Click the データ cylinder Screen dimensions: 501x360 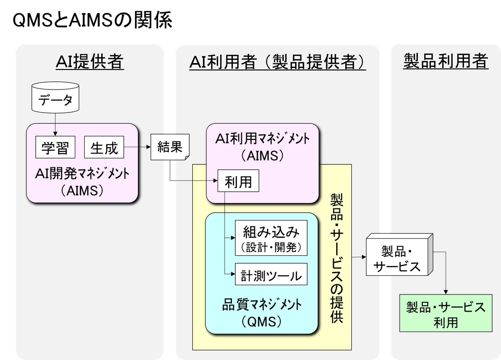pos(55,97)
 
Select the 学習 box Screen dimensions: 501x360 pos(55,147)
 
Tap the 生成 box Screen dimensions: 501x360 pos(104,147)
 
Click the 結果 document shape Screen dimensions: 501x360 pos(170,147)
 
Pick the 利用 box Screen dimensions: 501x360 pos(238,181)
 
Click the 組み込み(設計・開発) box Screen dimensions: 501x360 pos(271,238)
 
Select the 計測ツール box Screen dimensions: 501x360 pos(271,274)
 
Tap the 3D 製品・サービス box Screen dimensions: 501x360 pos(399,254)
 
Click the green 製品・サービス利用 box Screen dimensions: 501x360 pos(446,314)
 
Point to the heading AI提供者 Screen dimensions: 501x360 pos(90,61)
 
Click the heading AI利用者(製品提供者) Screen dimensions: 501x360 pos(277,61)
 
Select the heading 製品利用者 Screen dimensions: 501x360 pos(446,61)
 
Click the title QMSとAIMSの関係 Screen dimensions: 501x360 pos(92,20)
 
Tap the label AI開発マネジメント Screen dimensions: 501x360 pos(82,174)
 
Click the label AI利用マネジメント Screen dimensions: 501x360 pos(262,138)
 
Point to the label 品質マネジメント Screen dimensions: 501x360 pos(262,305)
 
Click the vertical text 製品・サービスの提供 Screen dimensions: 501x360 pos(337,258)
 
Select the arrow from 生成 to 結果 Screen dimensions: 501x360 pos(137,147)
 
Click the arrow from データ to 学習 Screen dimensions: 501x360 pos(55,124)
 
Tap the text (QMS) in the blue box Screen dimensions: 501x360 pos(262,321)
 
